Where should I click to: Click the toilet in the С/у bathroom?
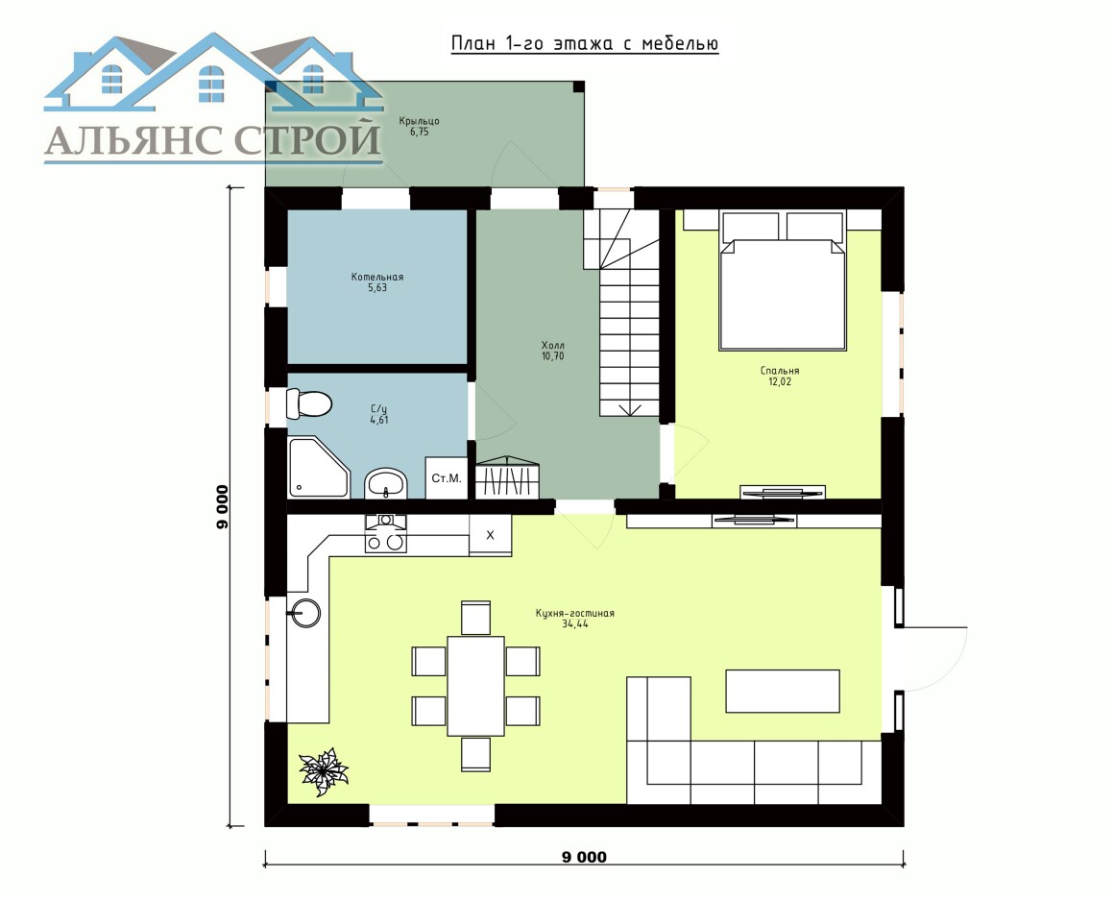coord(309,403)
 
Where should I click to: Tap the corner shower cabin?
coord(319,467)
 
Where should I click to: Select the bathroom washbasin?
coord(386,483)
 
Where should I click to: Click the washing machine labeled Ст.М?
coord(447,478)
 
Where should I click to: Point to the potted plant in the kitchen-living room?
coord(324,771)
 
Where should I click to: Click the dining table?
coord(475,686)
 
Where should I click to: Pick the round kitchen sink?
coord(305,612)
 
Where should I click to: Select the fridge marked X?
coord(490,535)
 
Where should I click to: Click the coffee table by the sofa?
coord(783,691)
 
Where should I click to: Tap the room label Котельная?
coord(377,278)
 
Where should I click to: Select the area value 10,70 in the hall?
coord(553,356)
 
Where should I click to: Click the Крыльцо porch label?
coord(419,121)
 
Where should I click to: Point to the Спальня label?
coord(780,370)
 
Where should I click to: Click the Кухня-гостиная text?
coord(574,613)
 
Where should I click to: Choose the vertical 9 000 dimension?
coord(223,507)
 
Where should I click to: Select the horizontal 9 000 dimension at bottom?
coord(585,857)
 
